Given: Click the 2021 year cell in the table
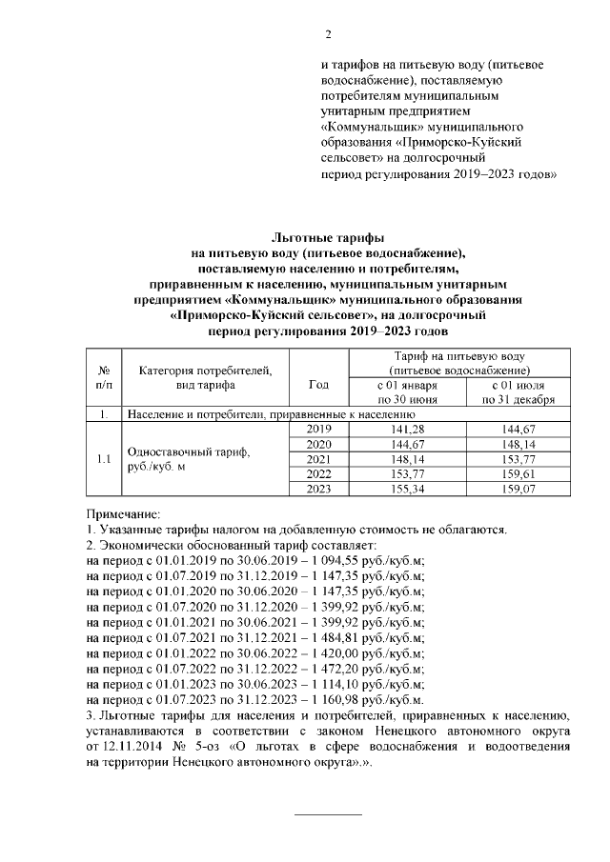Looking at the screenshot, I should (x=319, y=459).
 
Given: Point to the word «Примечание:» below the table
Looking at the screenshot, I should (x=123, y=513).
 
